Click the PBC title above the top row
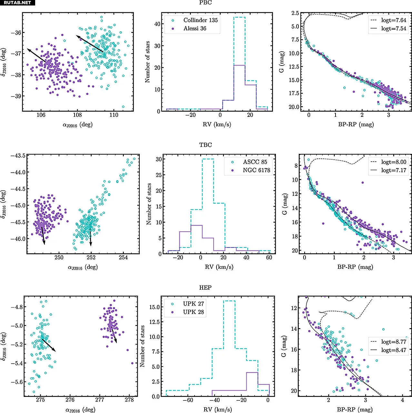206,3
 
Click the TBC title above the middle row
206,145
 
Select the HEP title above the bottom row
206,287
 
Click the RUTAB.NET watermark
17,3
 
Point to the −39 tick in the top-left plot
15,96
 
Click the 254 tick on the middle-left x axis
123,257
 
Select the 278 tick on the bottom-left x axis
129,400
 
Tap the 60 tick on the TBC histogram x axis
269,257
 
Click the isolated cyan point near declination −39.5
123,106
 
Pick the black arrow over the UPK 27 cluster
48,345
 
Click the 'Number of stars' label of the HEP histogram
142,346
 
